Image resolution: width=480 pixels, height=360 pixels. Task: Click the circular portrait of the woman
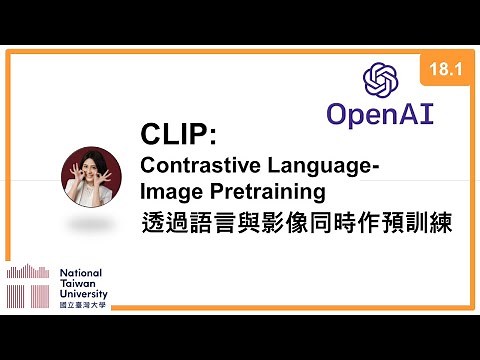86,176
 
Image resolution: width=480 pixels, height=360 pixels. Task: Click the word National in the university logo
81,272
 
